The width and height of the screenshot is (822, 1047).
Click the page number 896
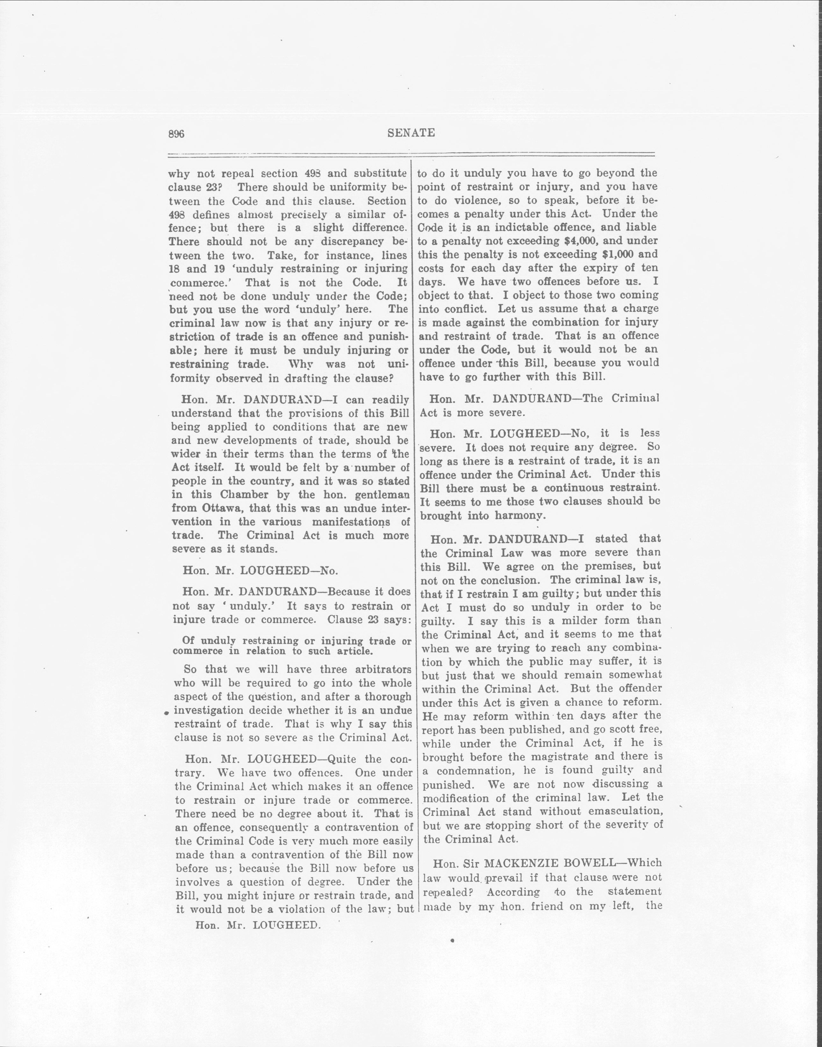176,134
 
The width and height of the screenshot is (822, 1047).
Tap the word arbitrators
375,669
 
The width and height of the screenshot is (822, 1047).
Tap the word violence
487,200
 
